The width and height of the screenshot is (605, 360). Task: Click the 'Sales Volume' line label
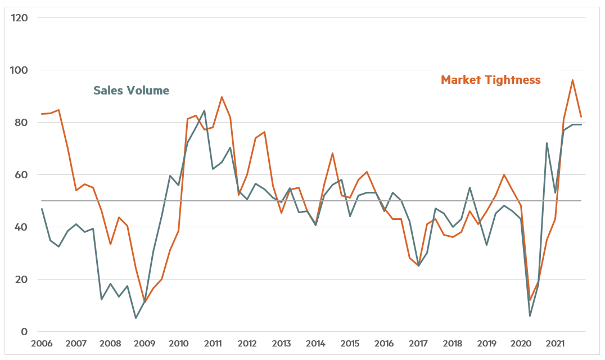pos(131,91)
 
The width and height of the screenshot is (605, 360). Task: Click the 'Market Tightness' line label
pos(490,80)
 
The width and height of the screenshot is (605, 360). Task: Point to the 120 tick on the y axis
pos(21,17)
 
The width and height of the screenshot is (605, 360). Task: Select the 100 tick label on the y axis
pos(21,70)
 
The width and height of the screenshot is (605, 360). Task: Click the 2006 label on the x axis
pos(42,344)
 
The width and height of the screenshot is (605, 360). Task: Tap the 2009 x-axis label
pos(145,344)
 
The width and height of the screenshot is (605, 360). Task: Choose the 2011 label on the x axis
pos(213,344)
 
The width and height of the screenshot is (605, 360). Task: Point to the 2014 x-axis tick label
pos(315,344)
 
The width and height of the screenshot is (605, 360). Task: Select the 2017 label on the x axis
pos(418,344)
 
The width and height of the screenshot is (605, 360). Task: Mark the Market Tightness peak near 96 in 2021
pos(572,80)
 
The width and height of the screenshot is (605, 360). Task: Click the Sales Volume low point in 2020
pos(530,316)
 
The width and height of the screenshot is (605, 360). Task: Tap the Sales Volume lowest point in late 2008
pos(136,318)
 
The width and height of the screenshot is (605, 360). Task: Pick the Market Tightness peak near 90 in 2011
pos(222,97)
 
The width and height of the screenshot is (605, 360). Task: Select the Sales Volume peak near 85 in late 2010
pos(204,110)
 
